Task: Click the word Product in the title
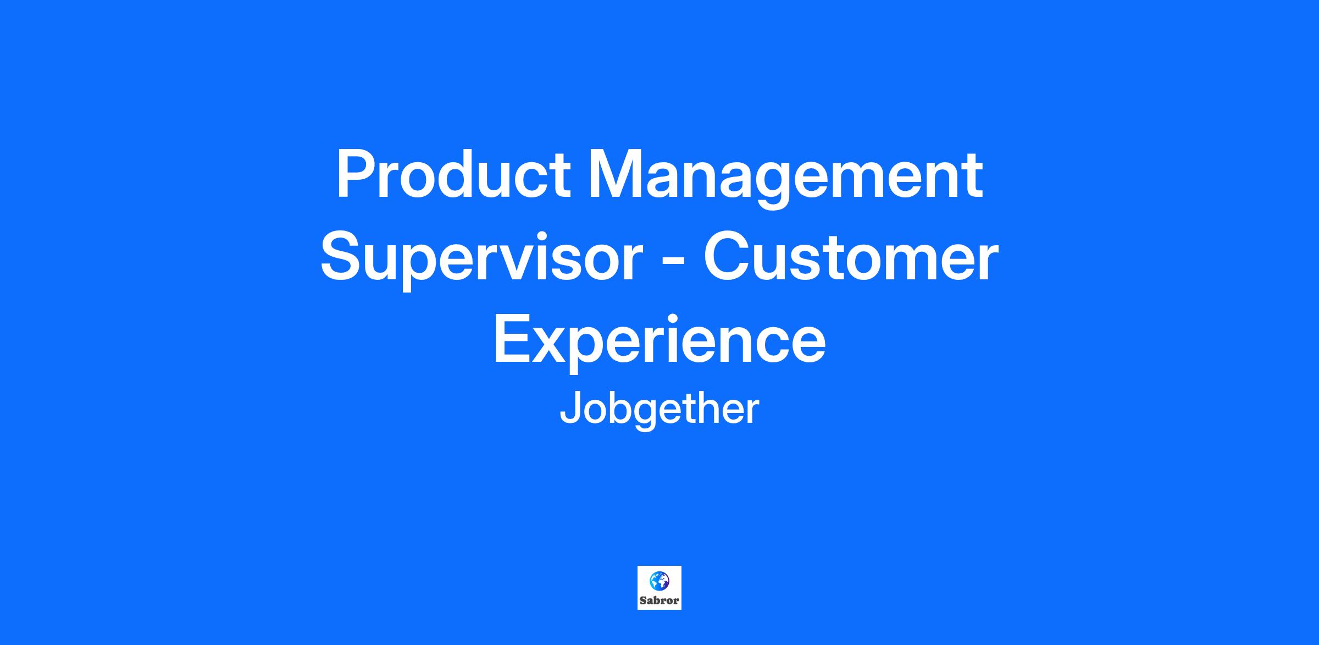pyautogui.click(x=453, y=174)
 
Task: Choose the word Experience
pyautogui.click(x=659, y=343)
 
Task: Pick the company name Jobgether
pyautogui.click(x=659, y=411)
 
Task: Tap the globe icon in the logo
pyautogui.click(x=659, y=581)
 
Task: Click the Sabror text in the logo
pyautogui.click(x=659, y=600)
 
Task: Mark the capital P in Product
pyautogui.click(x=357, y=174)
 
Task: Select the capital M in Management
pyautogui.click(x=614, y=174)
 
